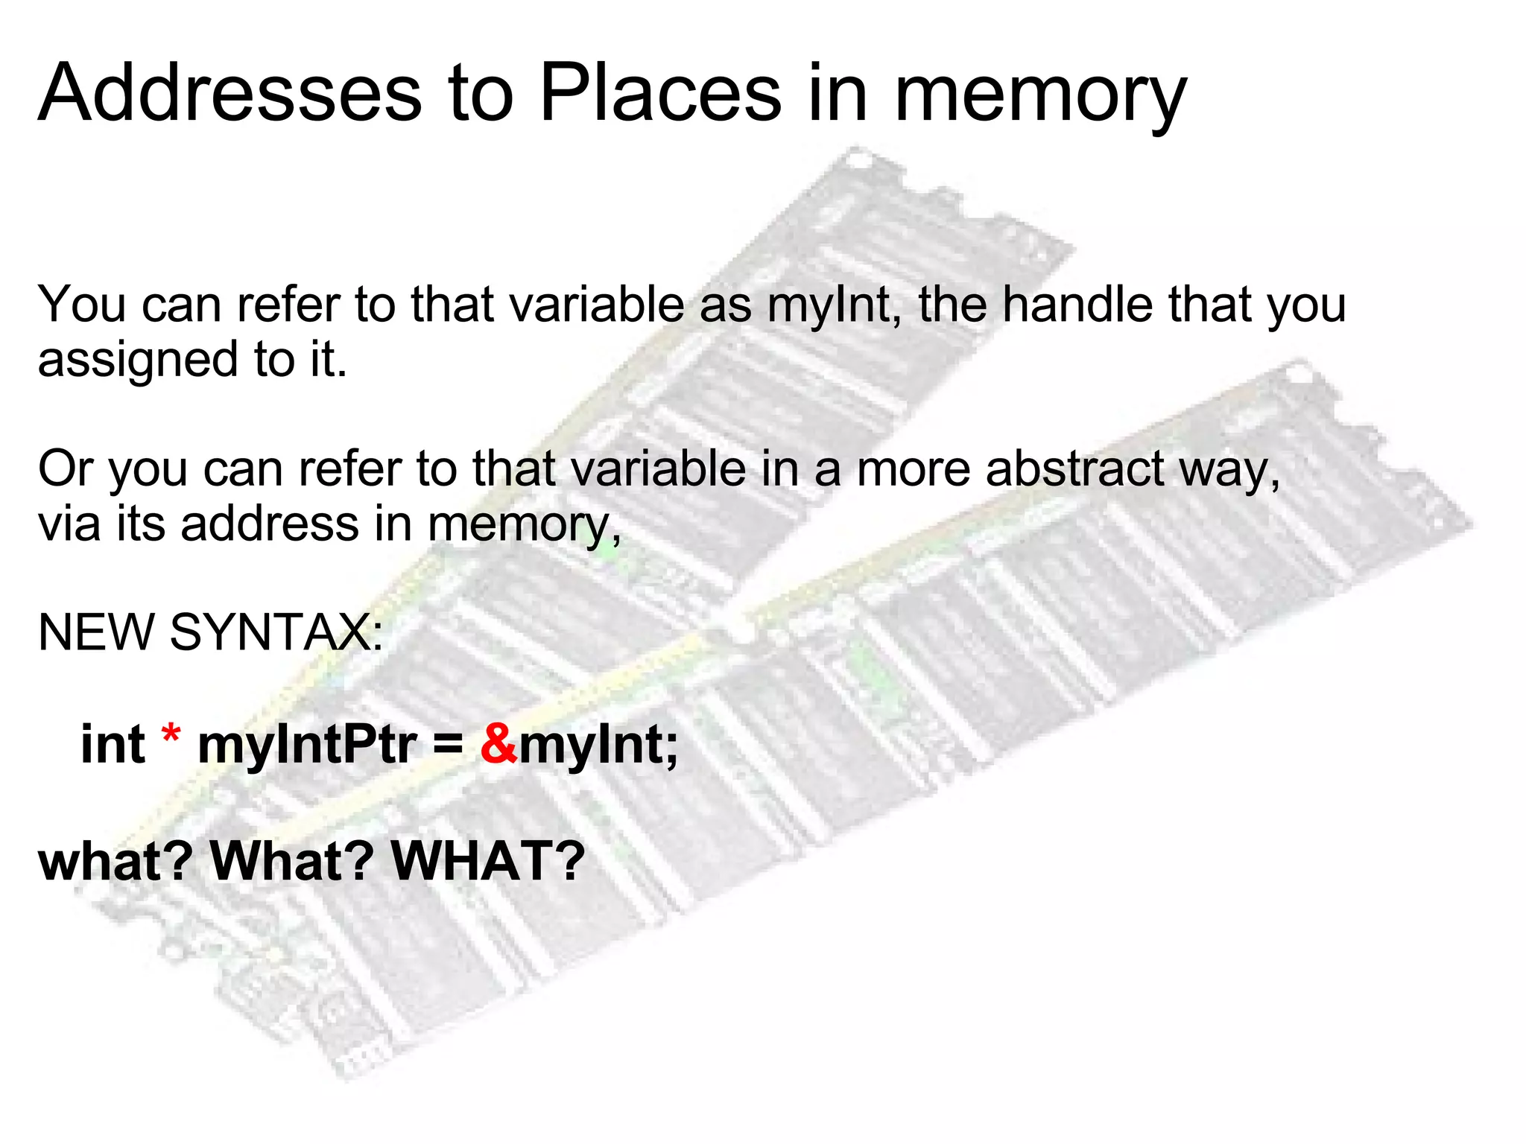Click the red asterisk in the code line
[171, 737]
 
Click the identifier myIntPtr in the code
[306, 745]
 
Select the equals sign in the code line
[448, 745]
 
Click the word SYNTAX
[276, 632]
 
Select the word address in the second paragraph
[270, 524]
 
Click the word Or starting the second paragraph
[66, 469]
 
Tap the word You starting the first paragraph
[82, 305]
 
